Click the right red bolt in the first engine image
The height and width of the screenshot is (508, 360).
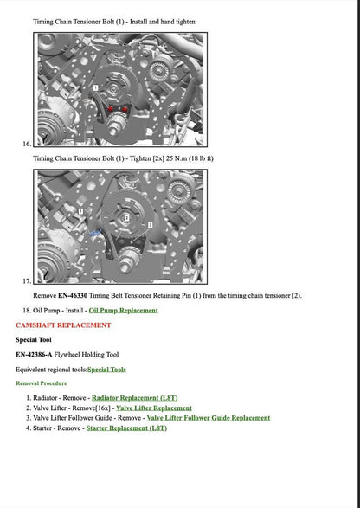pyautogui.click(x=126, y=108)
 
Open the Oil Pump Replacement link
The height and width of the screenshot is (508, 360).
pyautogui.click(x=123, y=310)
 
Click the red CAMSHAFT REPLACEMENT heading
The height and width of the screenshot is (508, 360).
pyautogui.click(x=63, y=325)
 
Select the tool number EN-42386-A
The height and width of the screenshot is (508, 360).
pyautogui.click(x=37, y=354)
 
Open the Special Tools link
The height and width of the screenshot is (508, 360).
pyautogui.click(x=106, y=369)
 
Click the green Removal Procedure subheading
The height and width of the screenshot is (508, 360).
pyautogui.click(x=41, y=383)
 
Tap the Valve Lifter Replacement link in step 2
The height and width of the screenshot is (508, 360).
pyautogui.click(x=154, y=407)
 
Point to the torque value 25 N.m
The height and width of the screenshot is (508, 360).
pyautogui.click(x=181, y=158)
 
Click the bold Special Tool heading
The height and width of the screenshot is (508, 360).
pyautogui.click(x=33, y=339)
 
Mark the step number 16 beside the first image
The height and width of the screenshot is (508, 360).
pyautogui.click(x=27, y=144)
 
